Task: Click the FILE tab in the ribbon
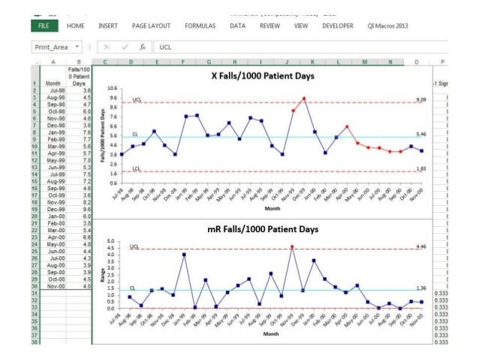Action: pyautogui.click(x=44, y=26)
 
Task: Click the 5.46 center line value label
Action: pyautogui.click(x=421, y=135)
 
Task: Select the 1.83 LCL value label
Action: pyautogui.click(x=421, y=169)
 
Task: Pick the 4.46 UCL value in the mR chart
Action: pyautogui.click(x=421, y=247)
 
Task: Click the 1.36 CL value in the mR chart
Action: pyautogui.click(x=421, y=288)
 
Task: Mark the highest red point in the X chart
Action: pyautogui.click(x=304, y=98)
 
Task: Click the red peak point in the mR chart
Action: pyautogui.click(x=292, y=247)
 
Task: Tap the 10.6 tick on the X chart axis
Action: pyautogui.click(x=112, y=89)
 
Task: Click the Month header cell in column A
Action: pyautogui.click(x=53, y=83)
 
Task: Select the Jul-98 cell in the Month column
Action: pyautogui.click(x=53, y=91)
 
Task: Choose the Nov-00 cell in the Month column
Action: pyautogui.click(x=53, y=286)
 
